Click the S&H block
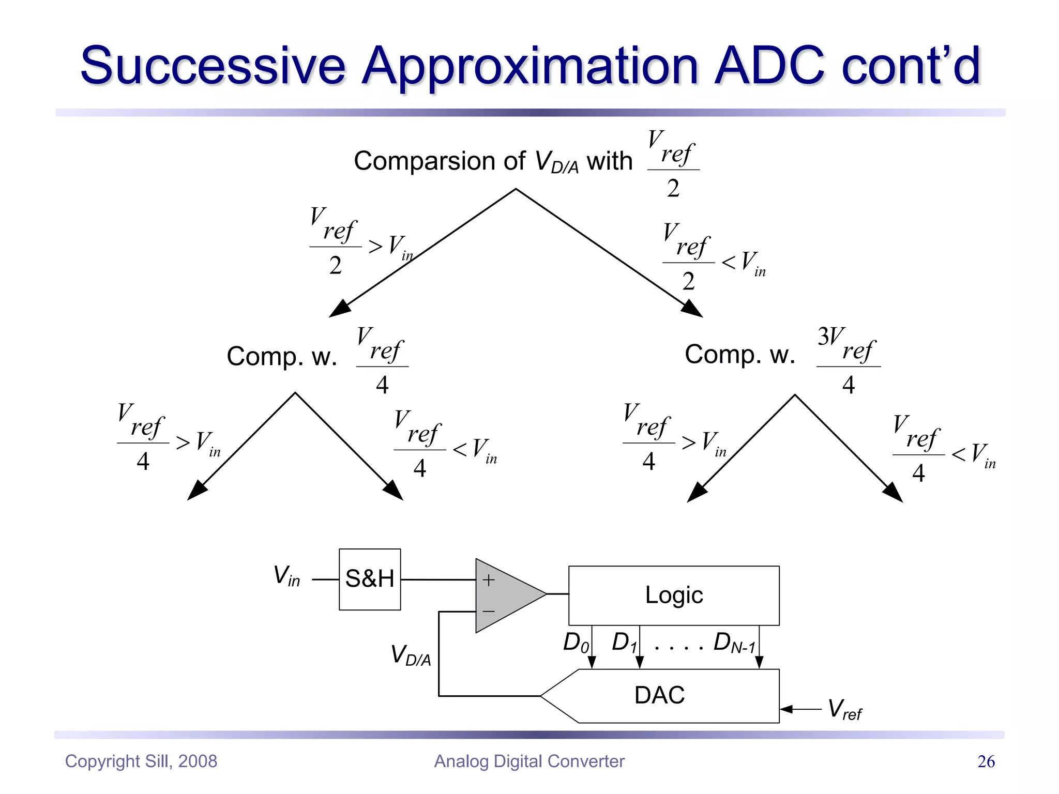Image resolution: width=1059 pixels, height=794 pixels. click(370, 579)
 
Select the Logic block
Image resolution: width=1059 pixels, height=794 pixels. click(674, 595)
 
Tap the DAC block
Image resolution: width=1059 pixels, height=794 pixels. click(660, 695)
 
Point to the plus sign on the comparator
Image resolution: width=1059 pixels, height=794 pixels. click(488, 580)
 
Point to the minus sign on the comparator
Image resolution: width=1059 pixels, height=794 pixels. click(489, 612)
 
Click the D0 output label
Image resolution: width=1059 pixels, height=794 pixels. click(576, 643)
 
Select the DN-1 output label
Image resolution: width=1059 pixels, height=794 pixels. click(734, 644)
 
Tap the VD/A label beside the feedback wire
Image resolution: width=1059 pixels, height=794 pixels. click(411, 655)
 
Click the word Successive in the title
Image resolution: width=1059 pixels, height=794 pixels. click(213, 66)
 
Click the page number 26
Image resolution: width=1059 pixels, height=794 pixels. click(986, 761)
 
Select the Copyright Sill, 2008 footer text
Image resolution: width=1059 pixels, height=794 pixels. click(141, 761)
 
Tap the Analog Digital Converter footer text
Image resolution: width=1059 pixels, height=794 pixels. click(529, 761)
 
